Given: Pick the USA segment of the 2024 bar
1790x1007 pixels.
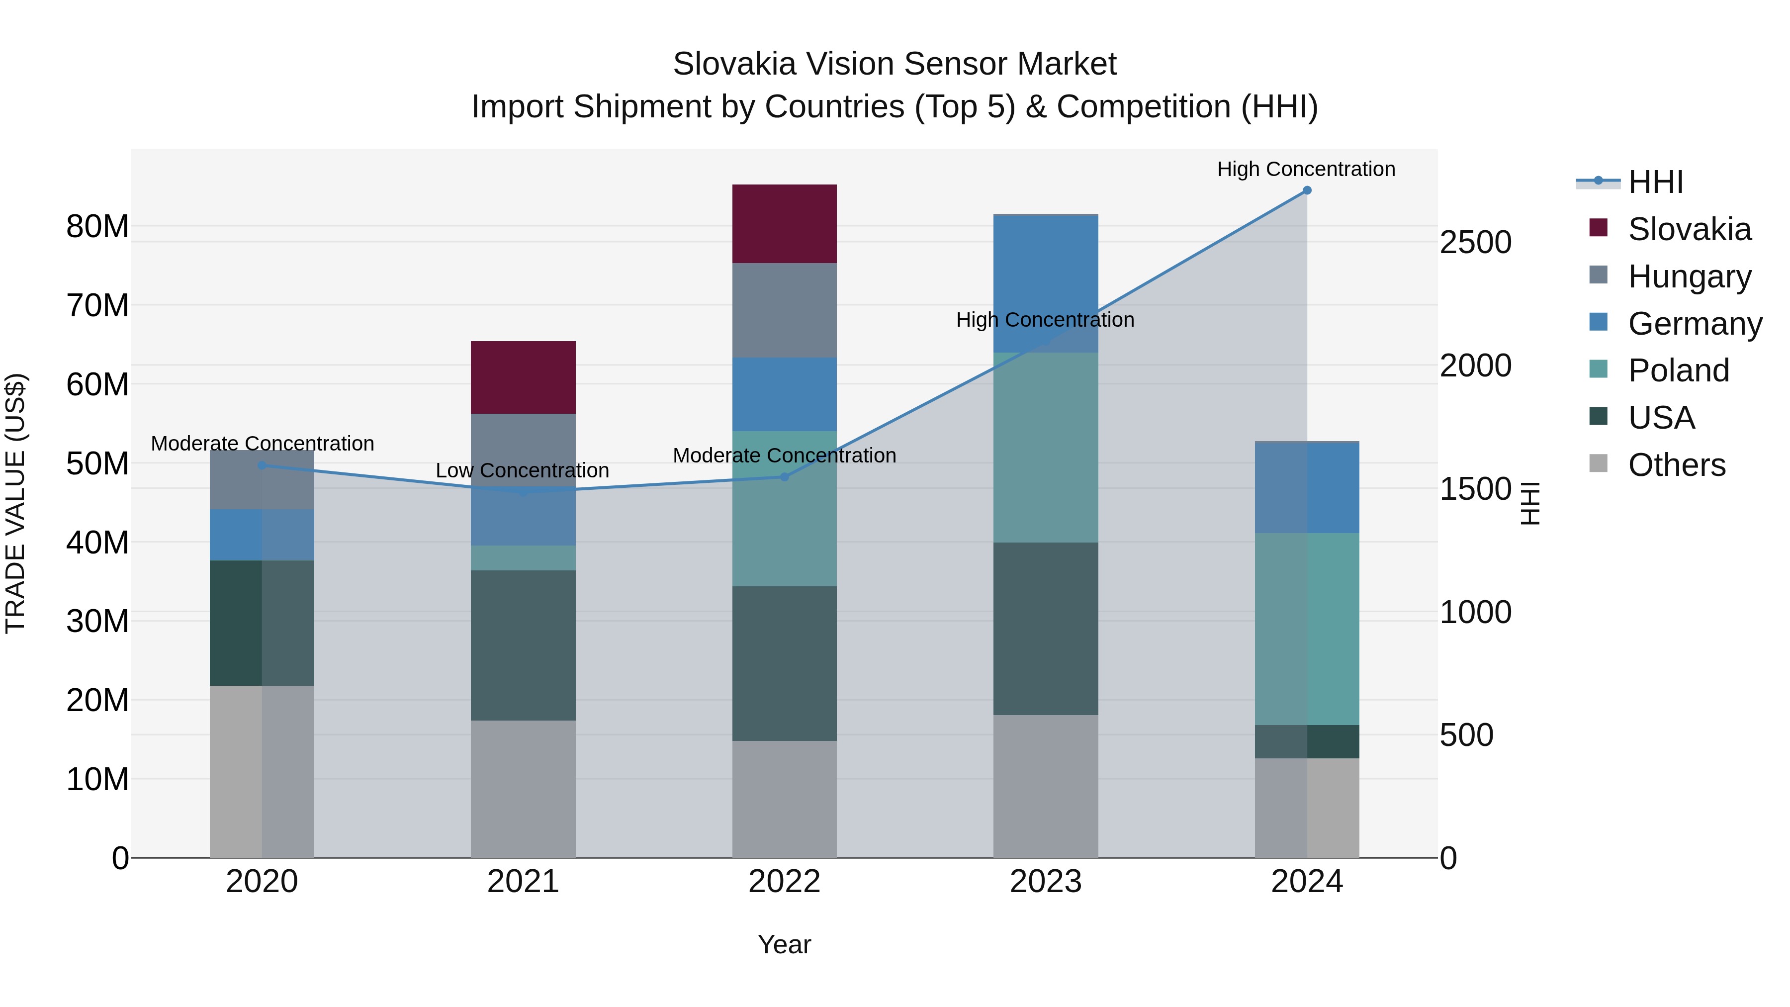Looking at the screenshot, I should click(1306, 741).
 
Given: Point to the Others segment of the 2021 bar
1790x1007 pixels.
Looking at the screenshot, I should click(523, 788).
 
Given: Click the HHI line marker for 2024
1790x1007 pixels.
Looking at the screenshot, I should click(1306, 190).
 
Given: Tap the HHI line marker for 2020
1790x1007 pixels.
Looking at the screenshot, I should click(262, 465).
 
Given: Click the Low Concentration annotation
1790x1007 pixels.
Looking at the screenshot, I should click(522, 470).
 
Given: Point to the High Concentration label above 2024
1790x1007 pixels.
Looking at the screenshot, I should click(1306, 169).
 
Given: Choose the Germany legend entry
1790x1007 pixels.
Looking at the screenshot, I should click(1694, 324).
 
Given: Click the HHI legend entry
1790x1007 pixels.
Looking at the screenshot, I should click(1655, 182).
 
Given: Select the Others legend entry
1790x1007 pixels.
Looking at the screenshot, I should click(1676, 465).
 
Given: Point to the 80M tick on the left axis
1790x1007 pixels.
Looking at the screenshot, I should click(97, 227).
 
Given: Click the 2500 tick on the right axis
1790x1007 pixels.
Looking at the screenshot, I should click(1475, 243).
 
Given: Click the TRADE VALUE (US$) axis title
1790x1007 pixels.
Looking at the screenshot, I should click(15, 503).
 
